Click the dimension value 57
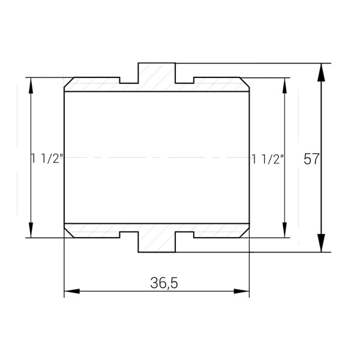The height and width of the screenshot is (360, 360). tap(311, 159)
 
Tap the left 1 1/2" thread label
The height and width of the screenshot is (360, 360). tap(47, 159)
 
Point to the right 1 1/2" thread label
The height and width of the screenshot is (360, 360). tap(267, 159)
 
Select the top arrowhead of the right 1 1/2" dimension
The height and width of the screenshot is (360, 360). tap(284, 85)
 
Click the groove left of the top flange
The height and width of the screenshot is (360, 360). tap(129, 80)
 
